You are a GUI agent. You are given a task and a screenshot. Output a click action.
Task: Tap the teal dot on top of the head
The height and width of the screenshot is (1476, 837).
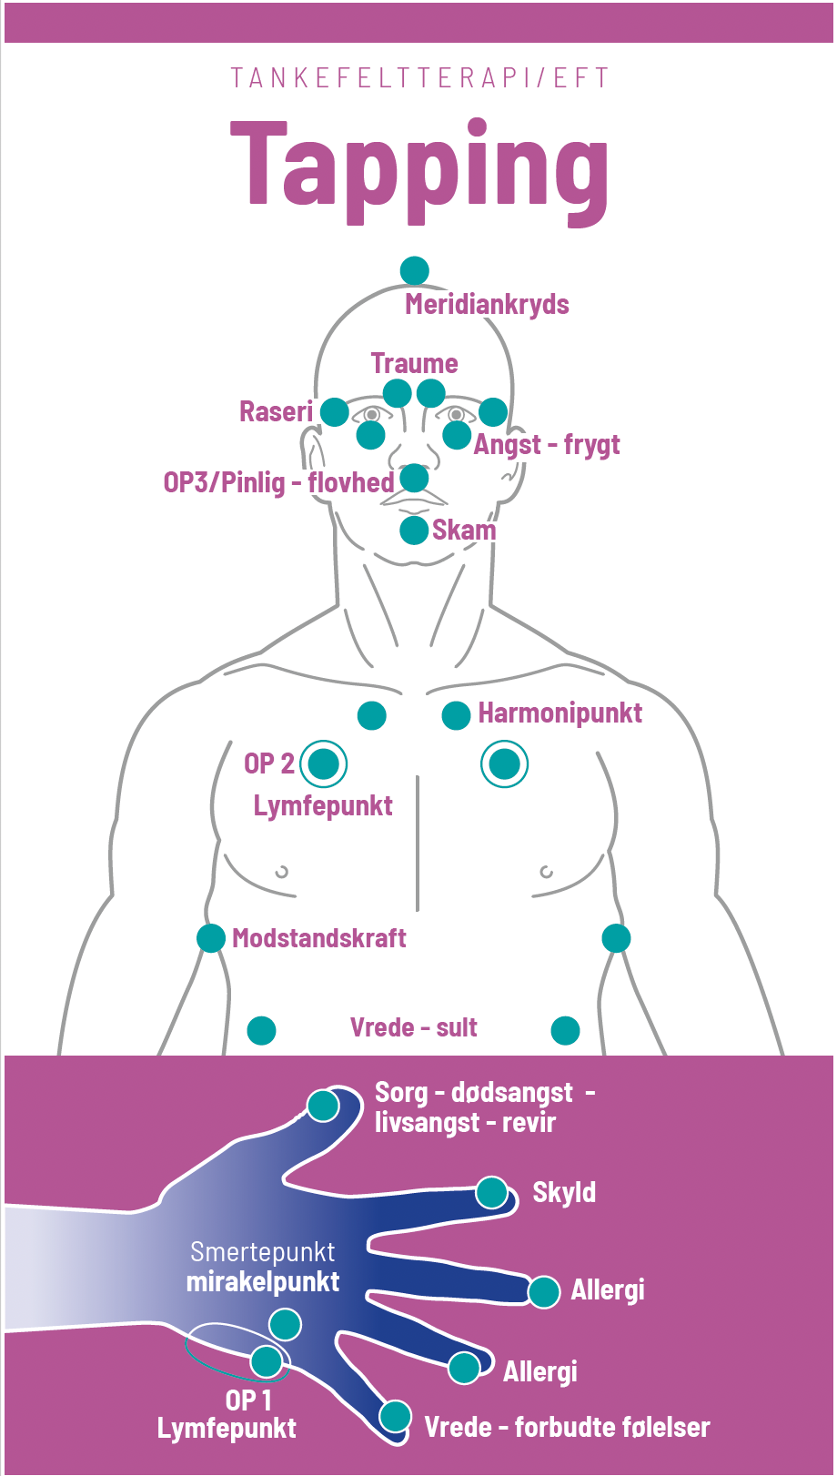(415, 270)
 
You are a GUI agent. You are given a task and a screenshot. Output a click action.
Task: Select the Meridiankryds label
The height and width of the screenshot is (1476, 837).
(487, 304)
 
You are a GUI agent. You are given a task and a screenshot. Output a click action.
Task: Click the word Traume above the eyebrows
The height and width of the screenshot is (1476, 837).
(414, 363)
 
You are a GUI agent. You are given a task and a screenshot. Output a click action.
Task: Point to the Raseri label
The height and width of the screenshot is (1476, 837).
(276, 411)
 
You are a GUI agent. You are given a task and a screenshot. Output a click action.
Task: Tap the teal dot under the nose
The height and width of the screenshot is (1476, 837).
(415, 478)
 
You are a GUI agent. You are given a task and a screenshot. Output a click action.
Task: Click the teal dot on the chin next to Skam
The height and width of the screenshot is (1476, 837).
(414, 530)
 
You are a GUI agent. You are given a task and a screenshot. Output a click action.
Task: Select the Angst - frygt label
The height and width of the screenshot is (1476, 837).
(547, 445)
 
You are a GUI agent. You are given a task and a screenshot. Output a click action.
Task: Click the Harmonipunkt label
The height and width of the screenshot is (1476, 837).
(560, 713)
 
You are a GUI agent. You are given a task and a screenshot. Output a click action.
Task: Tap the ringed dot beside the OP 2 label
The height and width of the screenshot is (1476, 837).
(324, 763)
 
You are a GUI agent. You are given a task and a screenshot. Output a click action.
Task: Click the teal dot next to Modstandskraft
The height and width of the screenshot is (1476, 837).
(211, 937)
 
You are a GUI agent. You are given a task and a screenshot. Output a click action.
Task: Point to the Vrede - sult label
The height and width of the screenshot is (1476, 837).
(414, 1027)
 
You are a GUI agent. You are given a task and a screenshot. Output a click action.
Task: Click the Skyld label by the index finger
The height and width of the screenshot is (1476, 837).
(564, 1192)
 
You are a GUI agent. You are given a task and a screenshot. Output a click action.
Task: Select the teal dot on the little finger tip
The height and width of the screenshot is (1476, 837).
(396, 1415)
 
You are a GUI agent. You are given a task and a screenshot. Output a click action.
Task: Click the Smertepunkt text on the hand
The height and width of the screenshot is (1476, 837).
(262, 1252)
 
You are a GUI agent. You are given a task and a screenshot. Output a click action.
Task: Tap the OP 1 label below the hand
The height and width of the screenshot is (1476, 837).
(248, 1400)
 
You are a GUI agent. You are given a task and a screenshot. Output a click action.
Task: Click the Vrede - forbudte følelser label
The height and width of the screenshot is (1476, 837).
(567, 1427)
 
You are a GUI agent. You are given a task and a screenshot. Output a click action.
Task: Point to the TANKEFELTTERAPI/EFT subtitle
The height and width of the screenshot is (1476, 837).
(419, 78)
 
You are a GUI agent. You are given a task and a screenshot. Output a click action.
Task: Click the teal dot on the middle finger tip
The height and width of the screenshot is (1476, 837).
(544, 1291)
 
